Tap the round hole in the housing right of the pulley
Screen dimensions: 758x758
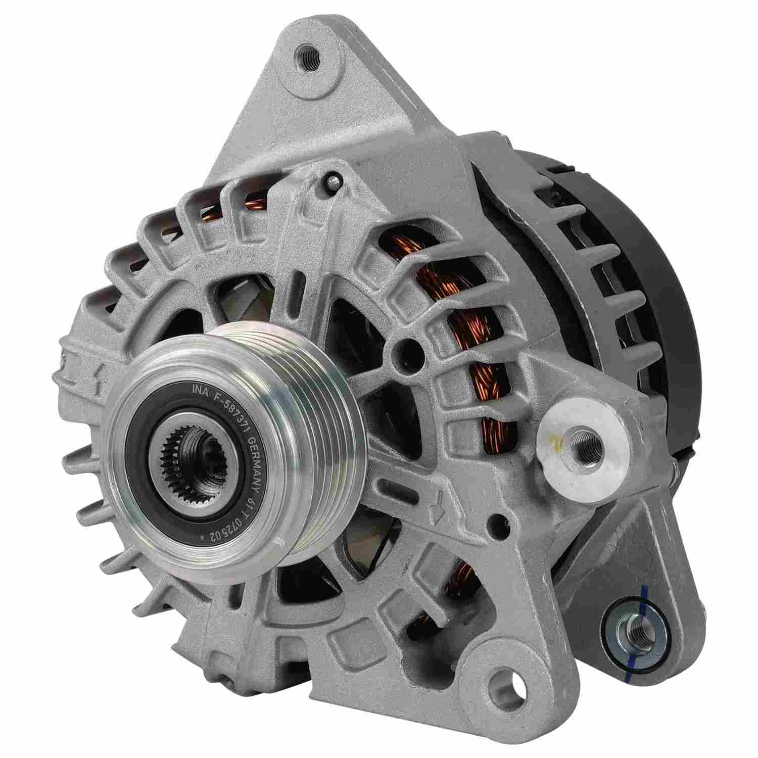click(405, 348)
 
